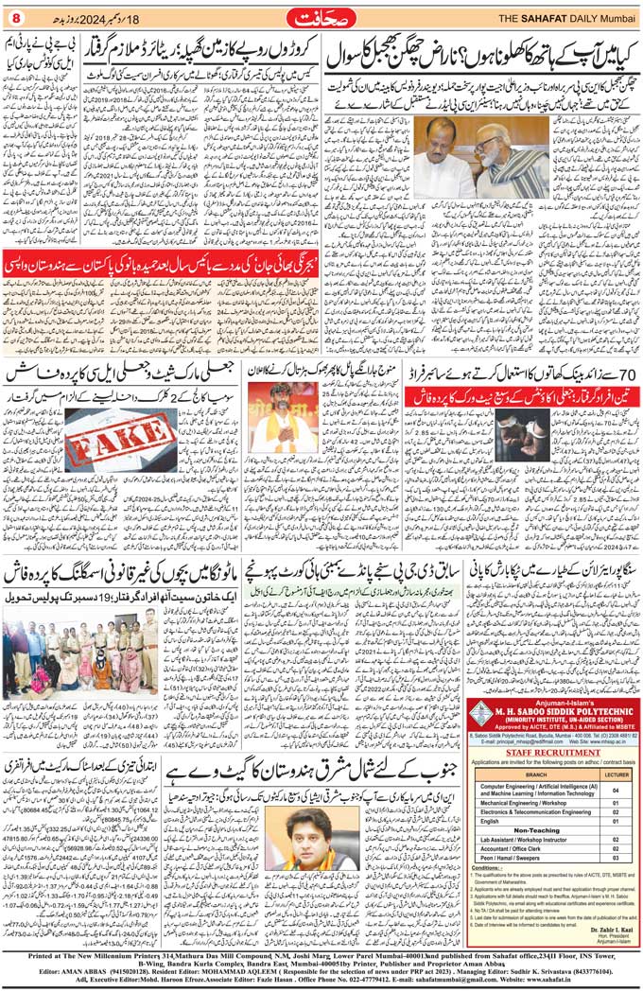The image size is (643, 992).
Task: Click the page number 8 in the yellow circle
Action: (14, 17)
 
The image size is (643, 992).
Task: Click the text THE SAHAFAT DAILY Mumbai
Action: (562, 17)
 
